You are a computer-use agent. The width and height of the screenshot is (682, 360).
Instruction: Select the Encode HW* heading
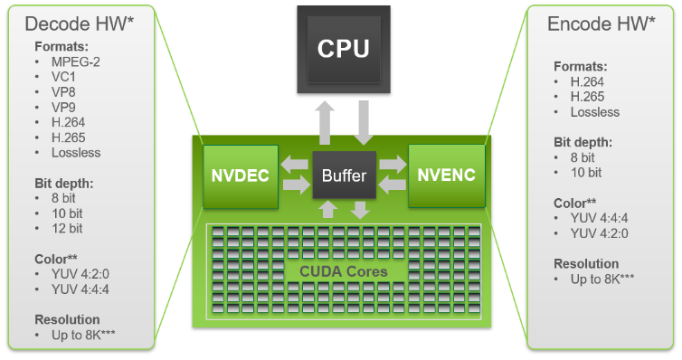pyautogui.click(x=601, y=24)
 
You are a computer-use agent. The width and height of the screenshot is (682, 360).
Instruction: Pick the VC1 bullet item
pyautogui.click(x=62, y=77)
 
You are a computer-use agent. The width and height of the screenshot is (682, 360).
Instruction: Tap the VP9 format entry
pyautogui.click(x=62, y=107)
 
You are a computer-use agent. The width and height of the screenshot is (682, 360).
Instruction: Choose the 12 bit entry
pyautogui.click(x=68, y=228)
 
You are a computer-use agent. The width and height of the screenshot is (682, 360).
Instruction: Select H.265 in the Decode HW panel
pyautogui.click(x=68, y=137)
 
